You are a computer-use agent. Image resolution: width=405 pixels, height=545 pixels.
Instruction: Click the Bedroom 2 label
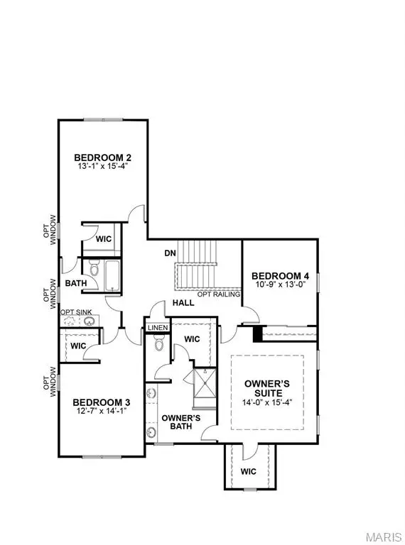103,158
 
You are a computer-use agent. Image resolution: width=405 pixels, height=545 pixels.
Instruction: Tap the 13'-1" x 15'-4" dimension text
103,169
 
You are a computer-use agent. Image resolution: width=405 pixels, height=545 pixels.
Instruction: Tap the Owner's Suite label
264,388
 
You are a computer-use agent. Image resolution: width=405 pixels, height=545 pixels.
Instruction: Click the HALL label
178,304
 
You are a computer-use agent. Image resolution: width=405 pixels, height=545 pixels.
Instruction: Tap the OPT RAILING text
217,293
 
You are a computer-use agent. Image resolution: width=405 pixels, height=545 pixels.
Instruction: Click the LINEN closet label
157,327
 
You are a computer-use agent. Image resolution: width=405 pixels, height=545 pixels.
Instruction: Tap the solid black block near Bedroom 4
259,333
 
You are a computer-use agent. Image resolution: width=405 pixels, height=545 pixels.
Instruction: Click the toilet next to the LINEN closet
158,345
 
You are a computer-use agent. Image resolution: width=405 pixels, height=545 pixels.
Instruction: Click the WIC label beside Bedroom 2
104,239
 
